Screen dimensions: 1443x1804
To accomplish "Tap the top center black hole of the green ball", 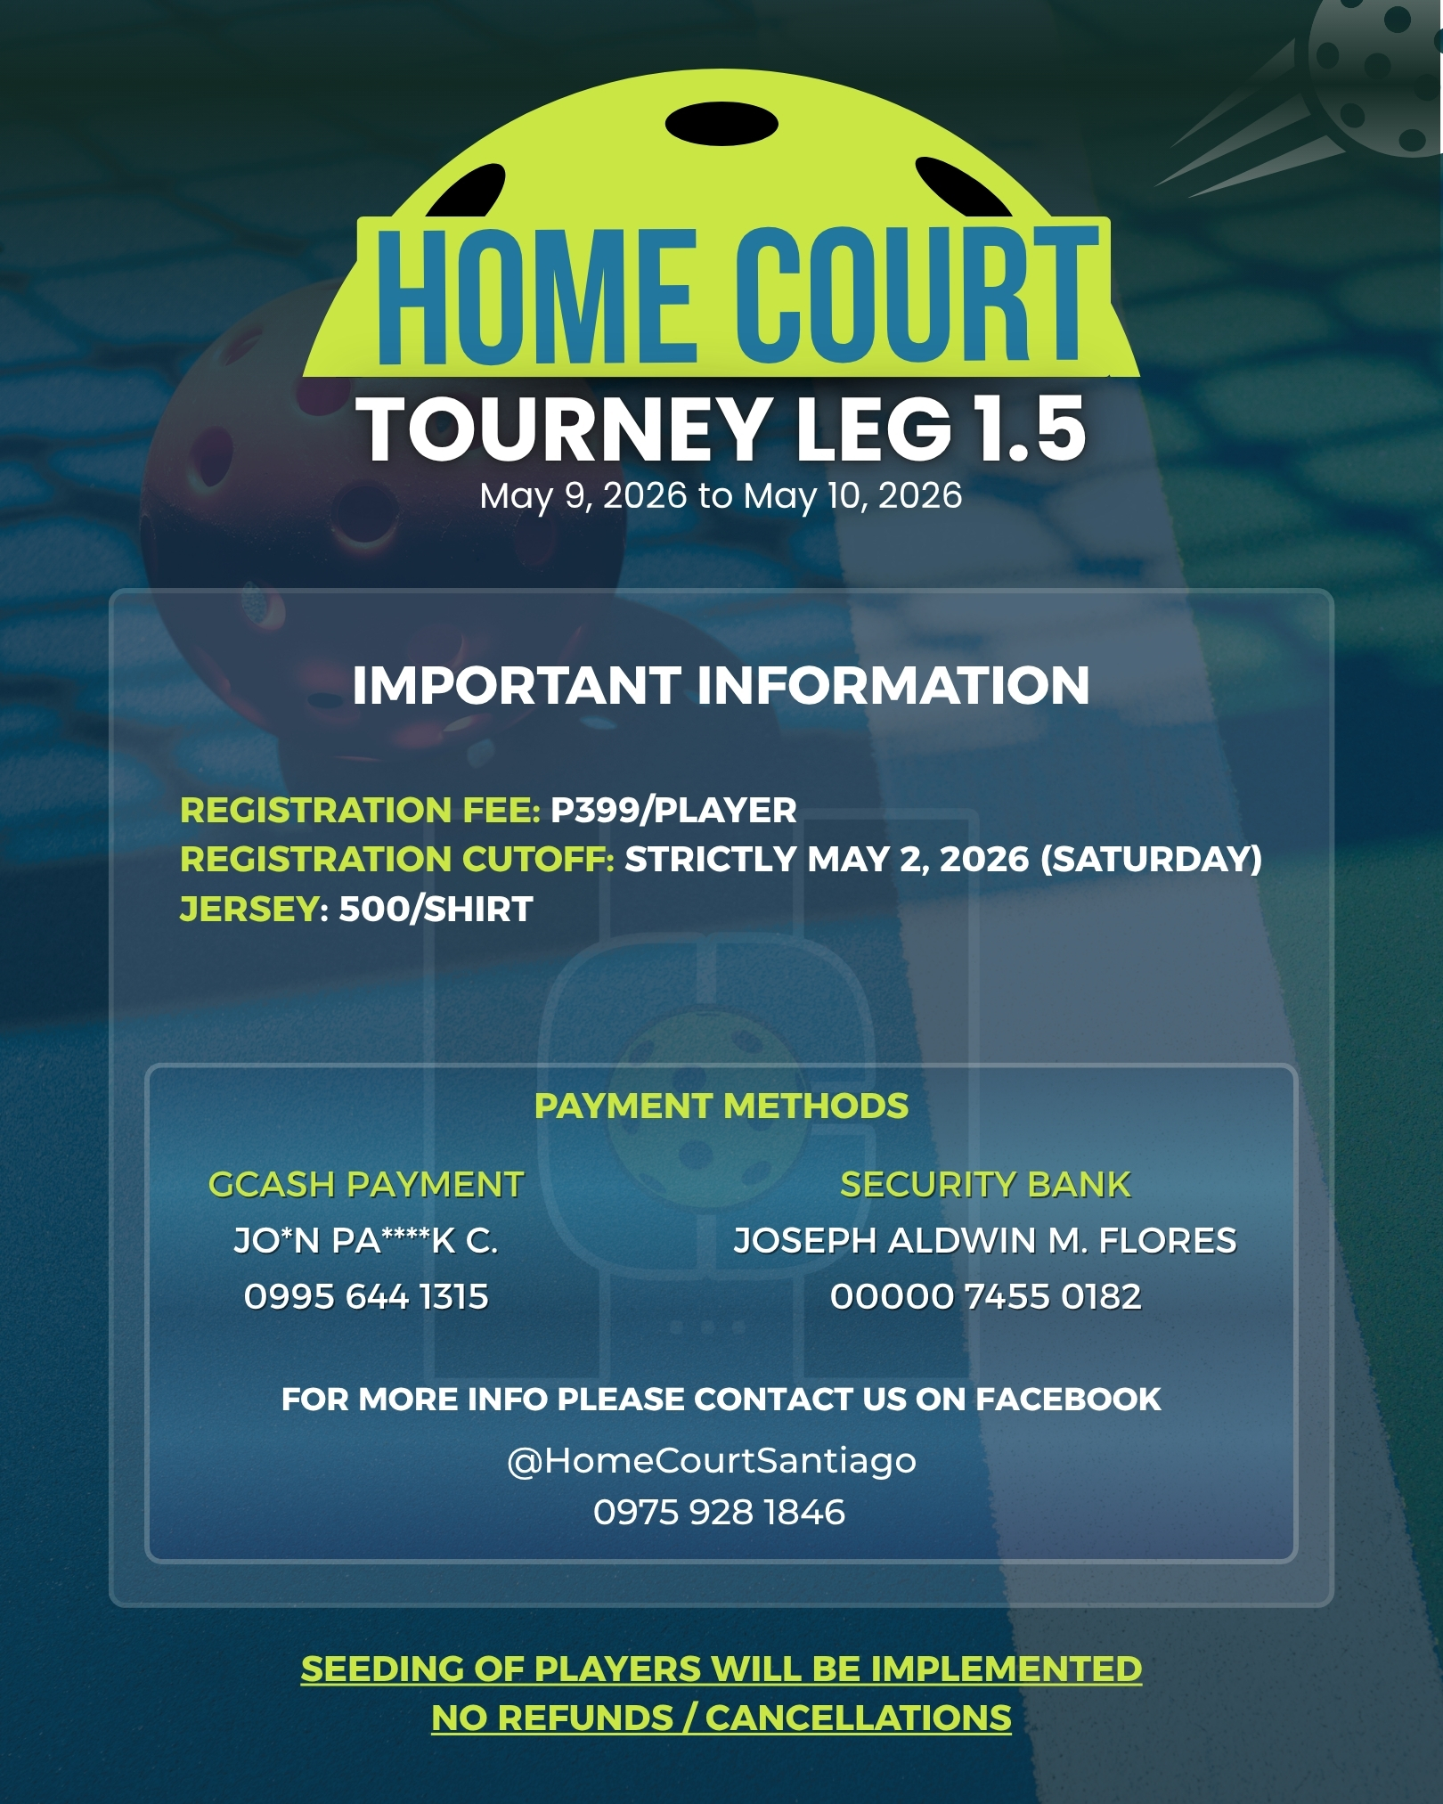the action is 721,124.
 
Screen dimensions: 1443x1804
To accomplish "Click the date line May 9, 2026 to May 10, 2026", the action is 721,496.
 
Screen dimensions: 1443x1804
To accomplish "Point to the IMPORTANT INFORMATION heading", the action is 721,685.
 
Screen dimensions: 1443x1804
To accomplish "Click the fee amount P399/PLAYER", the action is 673,811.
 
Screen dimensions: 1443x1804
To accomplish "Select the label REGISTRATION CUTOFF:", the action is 397,860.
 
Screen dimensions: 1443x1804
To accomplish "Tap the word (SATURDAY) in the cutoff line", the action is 1152,860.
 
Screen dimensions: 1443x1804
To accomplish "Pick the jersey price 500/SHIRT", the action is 436,910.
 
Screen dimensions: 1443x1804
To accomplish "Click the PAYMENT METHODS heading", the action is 721,1106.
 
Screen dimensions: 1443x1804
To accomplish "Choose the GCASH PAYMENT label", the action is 366,1185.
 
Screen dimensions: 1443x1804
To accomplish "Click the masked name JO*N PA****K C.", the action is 366,1241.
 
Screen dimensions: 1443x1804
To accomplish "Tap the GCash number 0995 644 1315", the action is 366,1297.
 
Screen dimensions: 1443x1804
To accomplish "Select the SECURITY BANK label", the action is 985,1185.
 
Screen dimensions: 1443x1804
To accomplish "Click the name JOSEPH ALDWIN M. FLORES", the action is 985,1241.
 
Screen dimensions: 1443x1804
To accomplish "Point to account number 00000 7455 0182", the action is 985,1297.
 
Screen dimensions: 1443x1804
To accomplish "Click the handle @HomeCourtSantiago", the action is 712,1461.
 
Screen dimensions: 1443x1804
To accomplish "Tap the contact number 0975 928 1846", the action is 719,1513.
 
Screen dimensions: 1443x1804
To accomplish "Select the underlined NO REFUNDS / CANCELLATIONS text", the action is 721,1718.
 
